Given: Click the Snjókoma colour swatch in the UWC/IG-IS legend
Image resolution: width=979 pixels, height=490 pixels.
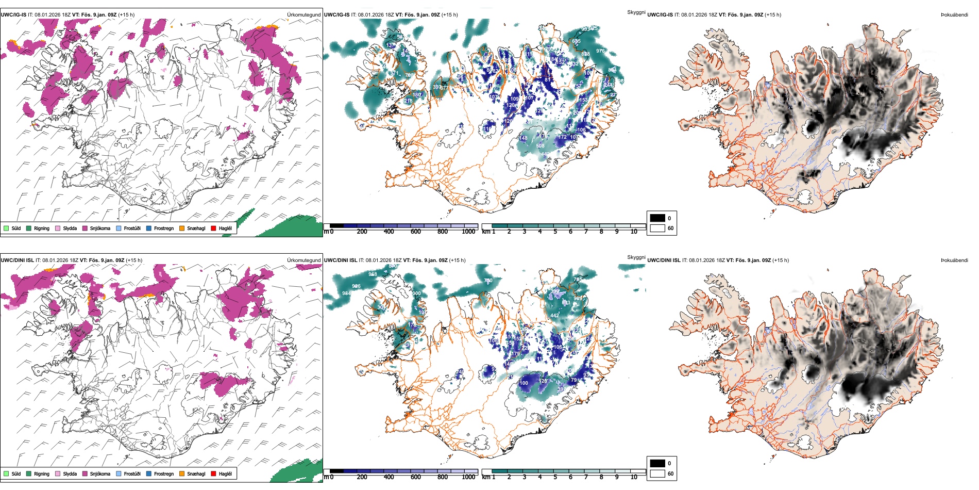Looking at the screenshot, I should pyautogui.click(x=85, y=228).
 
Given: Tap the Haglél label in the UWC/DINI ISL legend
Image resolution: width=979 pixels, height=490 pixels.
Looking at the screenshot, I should pyautogui.click(x=225, y=473).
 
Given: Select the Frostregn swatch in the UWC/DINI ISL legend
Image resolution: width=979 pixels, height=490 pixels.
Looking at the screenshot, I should pyautogui.click(x=149, y=473).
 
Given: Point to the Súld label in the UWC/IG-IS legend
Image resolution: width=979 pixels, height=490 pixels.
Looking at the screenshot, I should pyautogui.click(x=16, y=228).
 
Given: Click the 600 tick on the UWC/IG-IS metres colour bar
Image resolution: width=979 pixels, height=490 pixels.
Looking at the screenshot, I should pyautogui.click(x=416, y=232).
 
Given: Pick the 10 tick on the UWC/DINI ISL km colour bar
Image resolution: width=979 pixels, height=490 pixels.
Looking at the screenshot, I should pyautogui.click(x=634, y=477).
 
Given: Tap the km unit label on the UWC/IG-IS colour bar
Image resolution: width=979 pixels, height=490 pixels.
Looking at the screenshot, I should pyautogui.click(x=486, y=232).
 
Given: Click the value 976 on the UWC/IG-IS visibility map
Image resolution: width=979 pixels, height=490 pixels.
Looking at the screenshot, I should pyautogui.click(x=600, y=51).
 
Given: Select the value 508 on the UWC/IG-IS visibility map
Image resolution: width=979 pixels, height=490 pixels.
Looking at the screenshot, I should pyautogui.click(x=540, y=146).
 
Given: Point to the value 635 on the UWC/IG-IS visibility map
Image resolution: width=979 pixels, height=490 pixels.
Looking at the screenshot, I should pyautogui.click(x=576, y=41).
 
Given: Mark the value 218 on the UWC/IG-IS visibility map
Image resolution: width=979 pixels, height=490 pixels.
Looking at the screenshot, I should pyautogui.click(x=408, y=101).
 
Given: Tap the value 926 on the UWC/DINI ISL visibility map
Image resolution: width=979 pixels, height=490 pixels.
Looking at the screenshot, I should pyautogui.click(x=356, y=286).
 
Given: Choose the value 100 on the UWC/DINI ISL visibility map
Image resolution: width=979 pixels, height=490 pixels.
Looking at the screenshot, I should pyautogui.click(x=524, y=383).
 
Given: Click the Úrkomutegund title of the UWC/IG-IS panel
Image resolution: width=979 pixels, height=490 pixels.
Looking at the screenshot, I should pyautogui.click(x=303, y=15).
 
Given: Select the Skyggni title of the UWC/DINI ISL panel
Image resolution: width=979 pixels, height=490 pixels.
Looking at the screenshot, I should pyautogui.click(x=636, y=257).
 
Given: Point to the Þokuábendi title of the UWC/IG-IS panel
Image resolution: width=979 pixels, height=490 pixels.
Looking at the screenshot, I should pyautogui.click(x=954, y=15).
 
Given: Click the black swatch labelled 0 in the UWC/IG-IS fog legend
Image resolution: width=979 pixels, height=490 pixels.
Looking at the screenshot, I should pyautogui.click(x=657, y=218).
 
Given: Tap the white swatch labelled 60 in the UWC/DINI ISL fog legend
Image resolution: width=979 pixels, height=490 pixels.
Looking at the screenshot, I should pyautogui.click(x=657, y=473).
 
